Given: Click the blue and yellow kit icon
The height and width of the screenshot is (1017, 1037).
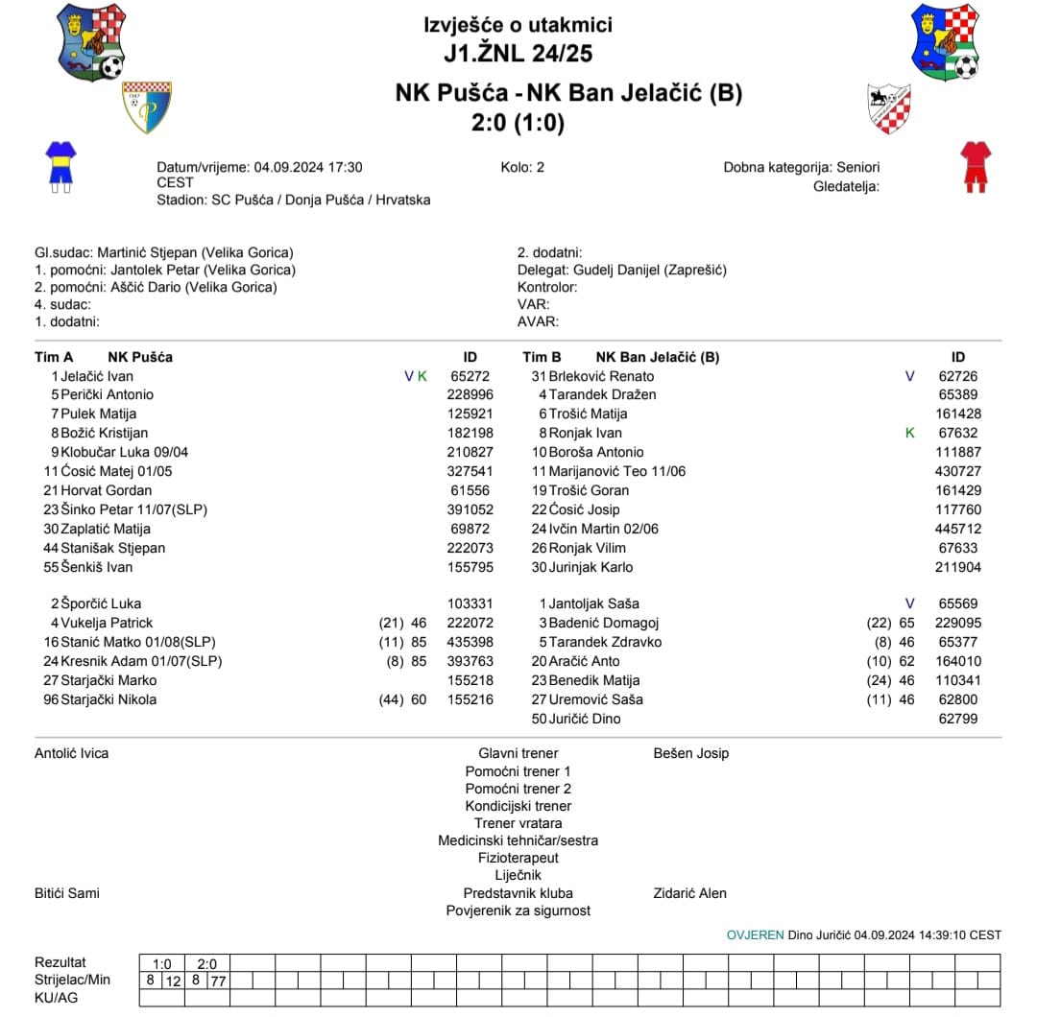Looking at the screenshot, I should (60, 165).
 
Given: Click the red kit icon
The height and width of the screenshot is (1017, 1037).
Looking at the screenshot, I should (976, 165).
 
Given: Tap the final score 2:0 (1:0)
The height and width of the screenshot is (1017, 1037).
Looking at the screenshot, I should (518, 123).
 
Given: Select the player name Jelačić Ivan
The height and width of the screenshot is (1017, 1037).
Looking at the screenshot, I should (97, 376).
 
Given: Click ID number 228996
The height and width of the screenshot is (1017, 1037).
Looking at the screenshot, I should (470, 394).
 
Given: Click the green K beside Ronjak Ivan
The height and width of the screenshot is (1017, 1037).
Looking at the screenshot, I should (910, 433).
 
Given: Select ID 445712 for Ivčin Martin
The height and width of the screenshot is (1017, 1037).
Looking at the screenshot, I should (958, 529).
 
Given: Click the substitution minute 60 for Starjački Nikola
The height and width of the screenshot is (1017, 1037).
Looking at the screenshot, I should (419, 699).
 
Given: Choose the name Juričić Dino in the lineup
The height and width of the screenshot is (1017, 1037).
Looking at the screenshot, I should (585, 719).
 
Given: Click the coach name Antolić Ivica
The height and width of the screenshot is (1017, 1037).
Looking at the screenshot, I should (72, 753).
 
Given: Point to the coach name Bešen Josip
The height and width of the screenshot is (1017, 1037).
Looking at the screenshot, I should (690, 753).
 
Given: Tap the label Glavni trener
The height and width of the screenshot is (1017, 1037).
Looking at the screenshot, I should (518, 753).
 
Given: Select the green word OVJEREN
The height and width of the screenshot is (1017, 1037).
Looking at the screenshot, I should (755, 934).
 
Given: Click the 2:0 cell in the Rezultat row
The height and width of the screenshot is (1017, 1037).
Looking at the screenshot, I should (207, 963).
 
